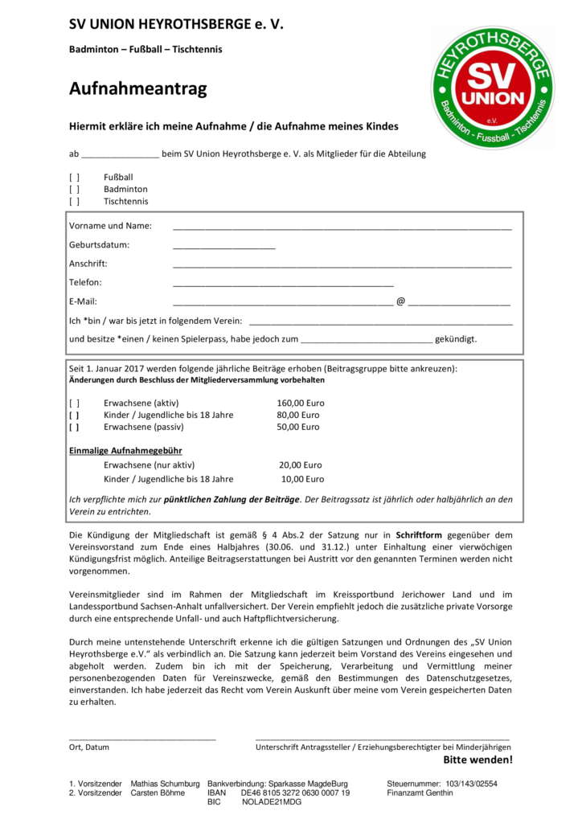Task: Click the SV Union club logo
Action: click(492, 87)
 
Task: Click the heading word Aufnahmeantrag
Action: click(137, 89)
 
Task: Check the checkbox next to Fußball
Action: click(74, 177)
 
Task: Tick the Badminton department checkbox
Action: click(74, 189)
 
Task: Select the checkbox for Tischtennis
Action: click(74, 202)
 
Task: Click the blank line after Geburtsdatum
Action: click(223, 247)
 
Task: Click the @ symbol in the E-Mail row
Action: click(400, 301)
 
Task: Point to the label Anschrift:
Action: click(88, 264)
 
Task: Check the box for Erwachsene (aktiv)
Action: click(74, 403)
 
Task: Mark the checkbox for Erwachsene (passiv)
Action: click(74, 428)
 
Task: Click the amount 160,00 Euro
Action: click(301, 403)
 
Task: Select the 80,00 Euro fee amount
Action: click(298, 415)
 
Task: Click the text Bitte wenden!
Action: click(477, 760)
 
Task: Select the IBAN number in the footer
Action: click(295, 792)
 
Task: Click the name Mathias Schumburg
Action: click(165, 783)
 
